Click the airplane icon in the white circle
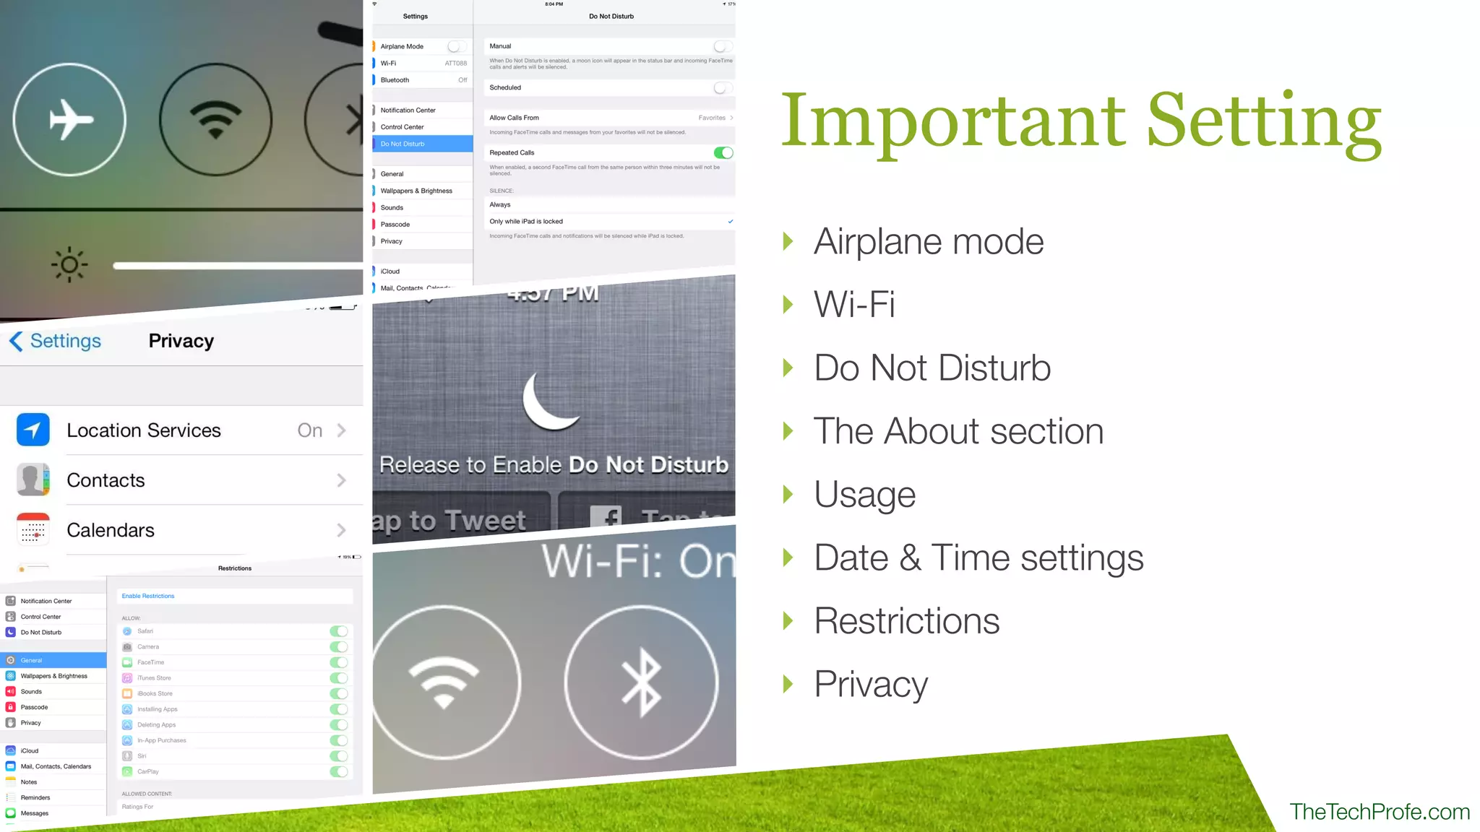70,119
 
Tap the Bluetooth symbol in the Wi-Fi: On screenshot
641,683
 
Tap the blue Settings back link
56,341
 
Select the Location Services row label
144,430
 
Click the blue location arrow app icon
33,430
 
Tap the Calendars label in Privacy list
111,530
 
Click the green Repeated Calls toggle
723,152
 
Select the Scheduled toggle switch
723,87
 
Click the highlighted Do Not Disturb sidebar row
422,144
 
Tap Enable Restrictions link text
148,596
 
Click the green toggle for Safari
338,631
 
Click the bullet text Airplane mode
929,241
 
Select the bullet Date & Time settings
978,558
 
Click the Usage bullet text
864,495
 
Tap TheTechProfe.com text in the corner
1379,812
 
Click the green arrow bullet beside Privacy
788,683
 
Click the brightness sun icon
69,265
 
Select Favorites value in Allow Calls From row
712,118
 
